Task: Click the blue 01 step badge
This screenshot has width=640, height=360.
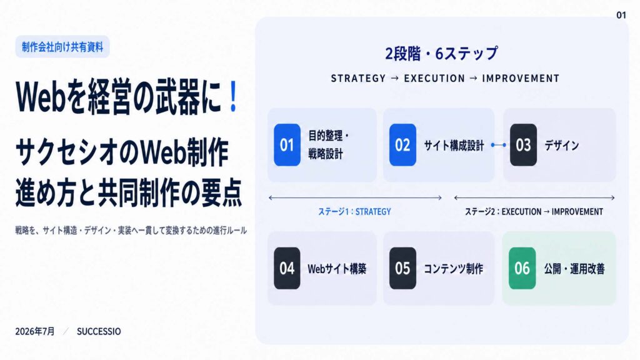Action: [287, 145]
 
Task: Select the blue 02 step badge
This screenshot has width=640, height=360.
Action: [402, 145]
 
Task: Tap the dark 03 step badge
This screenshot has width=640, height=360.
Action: [523, 145]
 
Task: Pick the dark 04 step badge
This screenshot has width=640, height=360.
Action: [287, 268]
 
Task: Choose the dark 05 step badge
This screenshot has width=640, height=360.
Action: [402, 268]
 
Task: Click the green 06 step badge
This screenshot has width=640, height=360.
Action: [522, 268]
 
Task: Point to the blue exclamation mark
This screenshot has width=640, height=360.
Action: [233, 96]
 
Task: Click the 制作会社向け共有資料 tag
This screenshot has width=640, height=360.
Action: [62, 47]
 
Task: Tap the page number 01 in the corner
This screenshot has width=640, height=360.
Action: [621, 15]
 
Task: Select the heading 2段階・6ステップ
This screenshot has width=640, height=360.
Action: [442, 54]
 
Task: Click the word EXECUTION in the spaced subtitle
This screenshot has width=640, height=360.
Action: [434, 78]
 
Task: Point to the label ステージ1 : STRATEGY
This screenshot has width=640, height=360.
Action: [354, 211]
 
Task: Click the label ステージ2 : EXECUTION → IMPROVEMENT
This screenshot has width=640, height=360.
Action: [534, 211]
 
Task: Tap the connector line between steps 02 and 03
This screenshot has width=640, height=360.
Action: [498, 145]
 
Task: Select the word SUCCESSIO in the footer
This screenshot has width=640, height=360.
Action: [99, 331]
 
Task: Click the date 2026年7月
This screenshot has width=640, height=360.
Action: [35, 331]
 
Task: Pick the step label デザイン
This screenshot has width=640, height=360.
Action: [562, 145]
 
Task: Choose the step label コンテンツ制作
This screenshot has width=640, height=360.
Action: [453, 269]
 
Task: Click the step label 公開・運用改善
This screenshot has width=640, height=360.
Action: [574, 269]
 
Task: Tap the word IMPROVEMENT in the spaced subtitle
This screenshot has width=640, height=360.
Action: [521, 78]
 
